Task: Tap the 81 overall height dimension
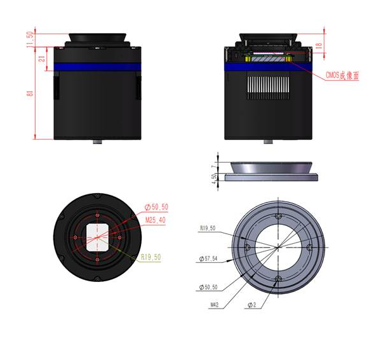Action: (29, 93)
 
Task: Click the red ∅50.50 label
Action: (156, 207)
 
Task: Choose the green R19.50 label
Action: (151, 257)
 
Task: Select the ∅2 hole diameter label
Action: (252, 304)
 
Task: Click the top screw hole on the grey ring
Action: (278, 218)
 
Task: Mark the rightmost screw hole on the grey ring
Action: (309, 247)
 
